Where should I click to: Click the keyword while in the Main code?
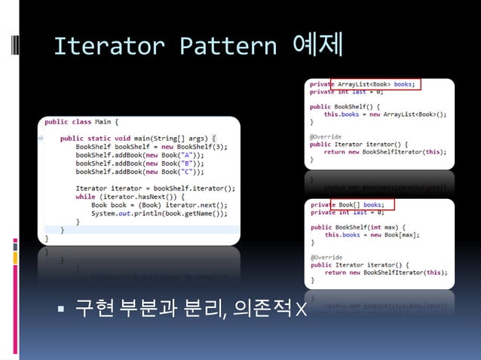[84, 197]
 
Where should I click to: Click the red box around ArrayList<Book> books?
[376, 84]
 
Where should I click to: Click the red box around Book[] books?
[363, 205]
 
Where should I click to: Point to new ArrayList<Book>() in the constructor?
[403, 114]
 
